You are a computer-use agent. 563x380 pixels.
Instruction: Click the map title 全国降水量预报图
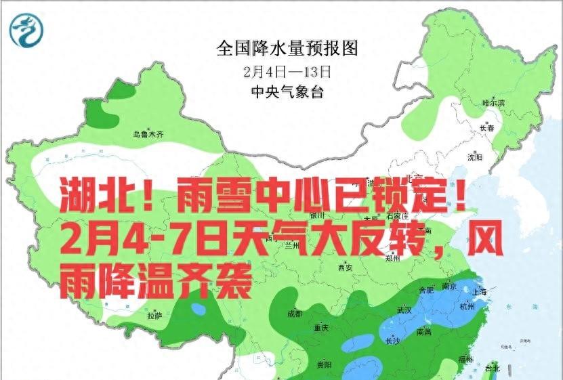tap(287, 49)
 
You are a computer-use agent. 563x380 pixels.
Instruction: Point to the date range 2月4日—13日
tap(287, 70)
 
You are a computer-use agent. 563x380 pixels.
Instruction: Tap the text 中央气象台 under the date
tap(287, 91)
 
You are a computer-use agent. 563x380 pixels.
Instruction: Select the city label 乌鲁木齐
tap(148, 135)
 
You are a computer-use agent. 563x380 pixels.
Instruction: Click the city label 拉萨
tap(154, 316)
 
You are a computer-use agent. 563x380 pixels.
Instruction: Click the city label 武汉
tap(404, 310)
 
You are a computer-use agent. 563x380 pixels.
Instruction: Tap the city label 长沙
tap(392, 340)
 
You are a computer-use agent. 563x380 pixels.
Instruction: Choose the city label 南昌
tap(425, 332)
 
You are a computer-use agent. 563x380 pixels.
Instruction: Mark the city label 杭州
tap(467, 306)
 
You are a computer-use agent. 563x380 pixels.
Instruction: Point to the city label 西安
tap(345, 268)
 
